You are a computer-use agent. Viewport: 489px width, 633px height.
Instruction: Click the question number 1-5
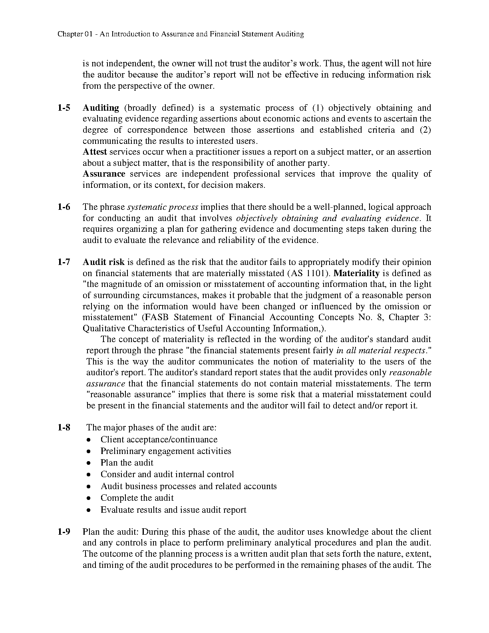pyautogui.click(x=64, y=108)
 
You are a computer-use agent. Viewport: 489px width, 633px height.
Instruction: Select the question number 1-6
pyautogui.click(x=64, y=207)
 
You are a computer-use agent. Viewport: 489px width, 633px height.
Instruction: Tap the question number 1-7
pyautogui.click(x=64, y=262)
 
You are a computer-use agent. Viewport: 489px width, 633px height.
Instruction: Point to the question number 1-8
pyautogui.click(x=64, y=428)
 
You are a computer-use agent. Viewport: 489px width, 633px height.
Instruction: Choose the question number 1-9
pyautogui.click(x=64, y=532)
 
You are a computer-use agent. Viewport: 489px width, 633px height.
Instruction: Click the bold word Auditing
pyautogui.click(x=101, y=108)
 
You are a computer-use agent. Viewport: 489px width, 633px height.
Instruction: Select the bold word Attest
pyautogui.click(x=95, y=152)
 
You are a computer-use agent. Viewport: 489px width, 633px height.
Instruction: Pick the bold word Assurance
pyautogui.click(x=104, y=174)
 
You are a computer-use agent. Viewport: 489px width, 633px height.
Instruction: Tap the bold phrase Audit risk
pyautogui.click(x=103, y=262)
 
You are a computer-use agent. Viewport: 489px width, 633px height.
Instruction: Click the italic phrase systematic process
pyautogui.click(x=163, y=207)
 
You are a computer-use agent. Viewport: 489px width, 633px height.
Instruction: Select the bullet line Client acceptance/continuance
pyautogui.click(x=159, y=440)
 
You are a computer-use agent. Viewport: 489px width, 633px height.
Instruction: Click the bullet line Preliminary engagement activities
pyautogui.click(x=166, y=451)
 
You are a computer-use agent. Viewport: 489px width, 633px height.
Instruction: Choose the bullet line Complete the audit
pyautogui.click(x=137, y=498)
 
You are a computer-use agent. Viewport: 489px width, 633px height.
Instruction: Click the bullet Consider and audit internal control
pyautogui.click(x=167, y=474)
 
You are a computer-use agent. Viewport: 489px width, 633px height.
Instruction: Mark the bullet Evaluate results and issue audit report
pyautogui.click(x=173, y=510)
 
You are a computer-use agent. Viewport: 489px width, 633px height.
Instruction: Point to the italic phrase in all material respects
pyautogui.click(x=380, y=350)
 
